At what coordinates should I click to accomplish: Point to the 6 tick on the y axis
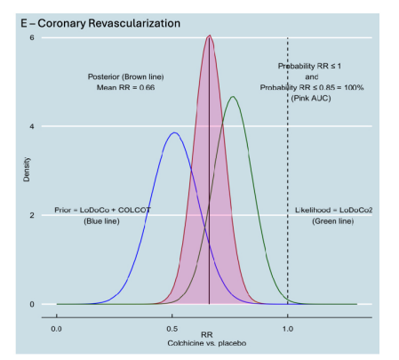33,37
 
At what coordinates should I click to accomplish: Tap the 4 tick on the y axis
33,126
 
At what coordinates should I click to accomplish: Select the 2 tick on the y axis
33,215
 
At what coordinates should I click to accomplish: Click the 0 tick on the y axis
33,304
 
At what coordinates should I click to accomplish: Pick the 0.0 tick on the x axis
58,327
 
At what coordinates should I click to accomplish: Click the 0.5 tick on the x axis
172,327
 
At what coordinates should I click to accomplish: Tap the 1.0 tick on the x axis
287,327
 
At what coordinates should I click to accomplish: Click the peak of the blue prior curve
174,133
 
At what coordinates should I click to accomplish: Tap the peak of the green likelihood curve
232,97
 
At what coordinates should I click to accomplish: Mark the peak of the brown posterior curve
209,36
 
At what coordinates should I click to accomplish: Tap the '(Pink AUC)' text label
311,97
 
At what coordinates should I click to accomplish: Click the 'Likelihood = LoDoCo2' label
332,210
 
